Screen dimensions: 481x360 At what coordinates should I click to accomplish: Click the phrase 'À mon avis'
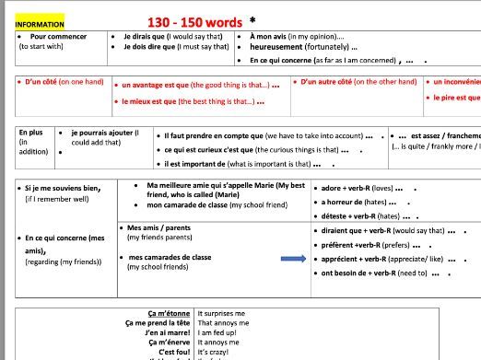click(275, 37)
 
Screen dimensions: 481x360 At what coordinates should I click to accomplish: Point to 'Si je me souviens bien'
click(63, 189)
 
